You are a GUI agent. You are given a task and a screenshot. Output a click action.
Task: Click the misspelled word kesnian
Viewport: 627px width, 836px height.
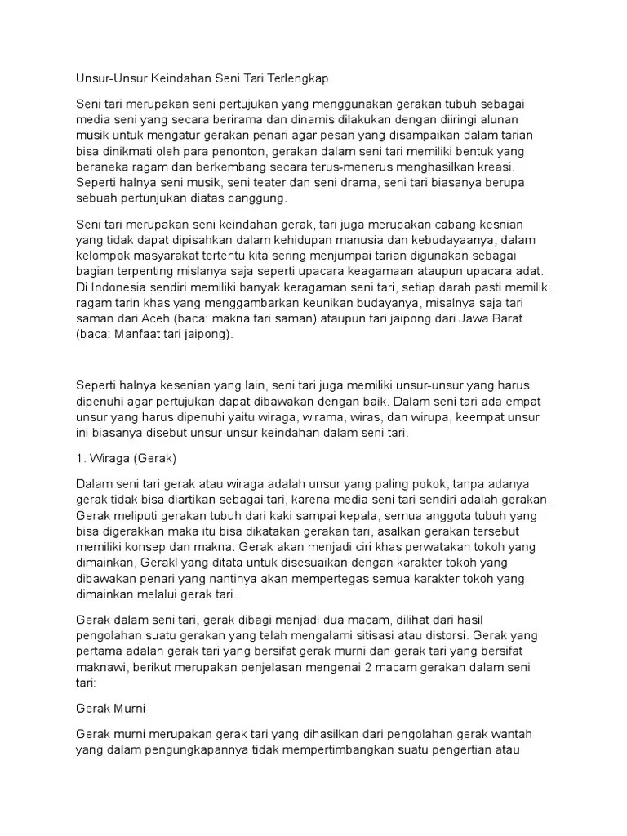pyautogui.click(x=498, y=225)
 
